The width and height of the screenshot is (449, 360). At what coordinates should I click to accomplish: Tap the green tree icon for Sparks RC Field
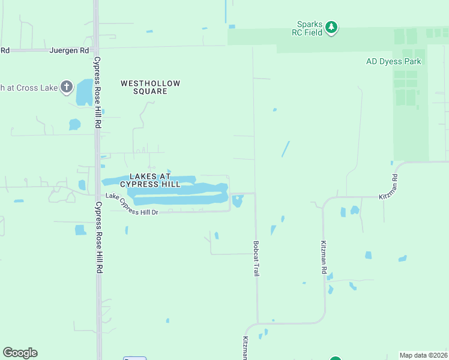[331, 27]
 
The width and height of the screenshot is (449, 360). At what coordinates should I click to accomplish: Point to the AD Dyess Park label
[393, 61]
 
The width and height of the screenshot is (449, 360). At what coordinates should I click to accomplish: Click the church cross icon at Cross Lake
[66, 87]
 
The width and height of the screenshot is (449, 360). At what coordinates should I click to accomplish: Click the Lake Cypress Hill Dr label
[131, 205]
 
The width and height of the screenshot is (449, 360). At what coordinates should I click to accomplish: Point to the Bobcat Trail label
[256, 259]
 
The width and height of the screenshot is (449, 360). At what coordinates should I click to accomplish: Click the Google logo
[20, 353]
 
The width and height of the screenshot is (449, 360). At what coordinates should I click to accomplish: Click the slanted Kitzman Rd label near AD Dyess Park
[388, 187]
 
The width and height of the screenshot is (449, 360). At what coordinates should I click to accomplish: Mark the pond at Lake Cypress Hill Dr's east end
[238, 201]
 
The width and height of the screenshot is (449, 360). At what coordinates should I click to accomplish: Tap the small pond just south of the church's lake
[74, 125]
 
